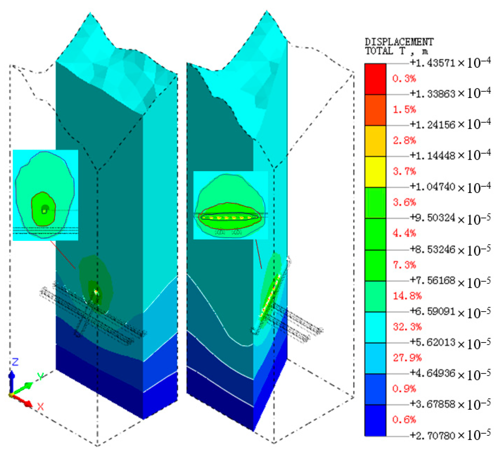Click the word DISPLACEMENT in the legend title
pos(399,42)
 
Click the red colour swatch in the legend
pos(375,79)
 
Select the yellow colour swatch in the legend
pos(375,172)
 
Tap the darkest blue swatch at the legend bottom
pos(375,420)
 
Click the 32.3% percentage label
pos(407,327)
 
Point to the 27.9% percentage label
pos(407,358)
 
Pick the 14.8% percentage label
pos(407,296)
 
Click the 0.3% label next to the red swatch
pos(404,79)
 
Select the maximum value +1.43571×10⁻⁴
pos(450,63)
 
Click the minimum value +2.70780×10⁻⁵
pos(450,435)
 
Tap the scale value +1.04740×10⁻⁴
pos(450,187)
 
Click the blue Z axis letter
pos(15,362)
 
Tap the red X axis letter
pos(41,406)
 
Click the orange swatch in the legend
pos(375,110)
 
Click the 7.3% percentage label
pos(404,265)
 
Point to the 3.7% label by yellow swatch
pos(404,171)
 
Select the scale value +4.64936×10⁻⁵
pos(450,373)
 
